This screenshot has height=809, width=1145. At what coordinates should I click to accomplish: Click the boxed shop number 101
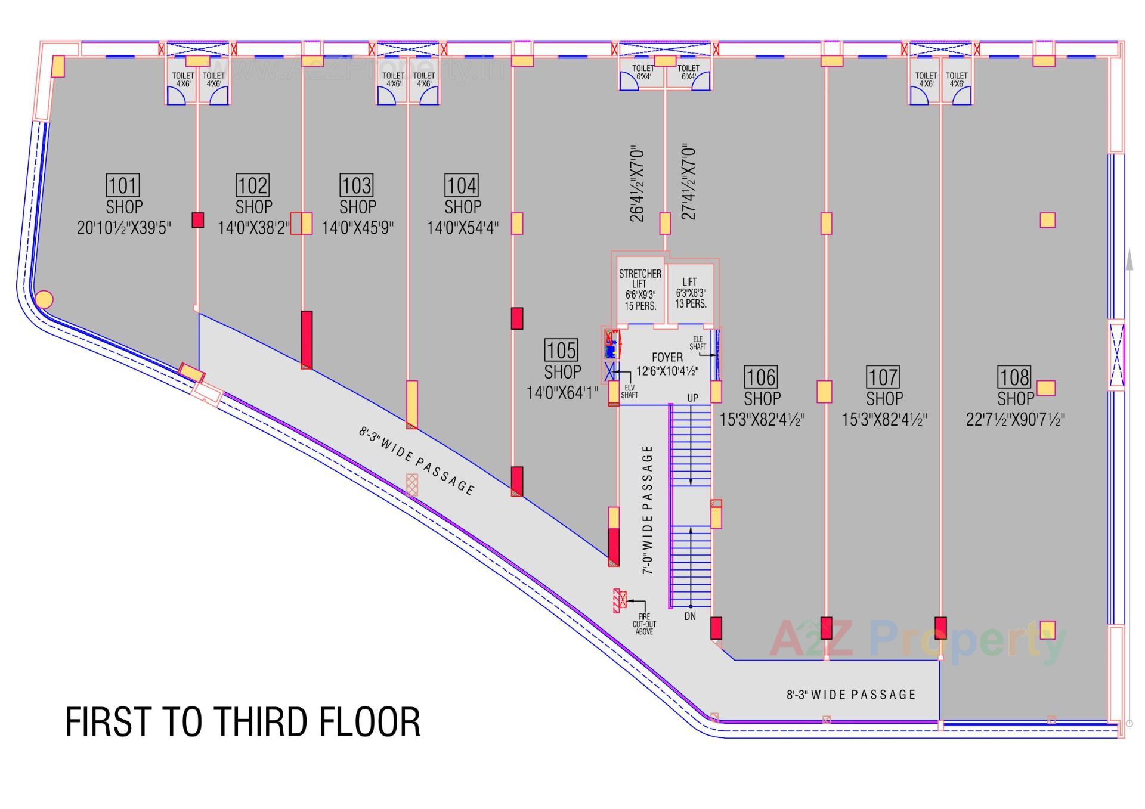coord(123,185)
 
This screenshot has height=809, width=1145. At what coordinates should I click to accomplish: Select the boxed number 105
coord(561,350)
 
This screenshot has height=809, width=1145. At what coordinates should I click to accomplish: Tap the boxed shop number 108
coord(1014,377)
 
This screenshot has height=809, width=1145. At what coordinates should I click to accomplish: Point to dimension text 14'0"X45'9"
coord(357,228)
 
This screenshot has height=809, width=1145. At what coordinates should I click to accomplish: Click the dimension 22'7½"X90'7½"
coord(1015,420)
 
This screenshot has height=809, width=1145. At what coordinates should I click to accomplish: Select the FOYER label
coord(667,357)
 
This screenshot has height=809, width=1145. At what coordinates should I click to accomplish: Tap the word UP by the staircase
coord(692,398)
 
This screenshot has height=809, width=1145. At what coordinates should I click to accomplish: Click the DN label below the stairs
coord(690,616)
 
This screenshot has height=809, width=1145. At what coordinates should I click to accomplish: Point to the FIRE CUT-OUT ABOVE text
coord(644,624)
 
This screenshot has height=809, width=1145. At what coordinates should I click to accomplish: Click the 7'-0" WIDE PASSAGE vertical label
coord(648,510)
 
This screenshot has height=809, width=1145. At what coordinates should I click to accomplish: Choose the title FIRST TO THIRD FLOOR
coord(242,722)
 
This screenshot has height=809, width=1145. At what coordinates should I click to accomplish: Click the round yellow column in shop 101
coord(44,299)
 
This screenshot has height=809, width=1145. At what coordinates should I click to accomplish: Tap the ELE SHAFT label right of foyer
coord(698,343)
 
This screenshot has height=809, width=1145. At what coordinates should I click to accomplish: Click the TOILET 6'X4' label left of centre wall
coord(643,73)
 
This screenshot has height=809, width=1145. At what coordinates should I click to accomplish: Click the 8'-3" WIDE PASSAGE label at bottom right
coord(850,695)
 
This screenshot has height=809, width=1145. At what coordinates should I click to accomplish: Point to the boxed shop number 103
coord(357,185)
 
